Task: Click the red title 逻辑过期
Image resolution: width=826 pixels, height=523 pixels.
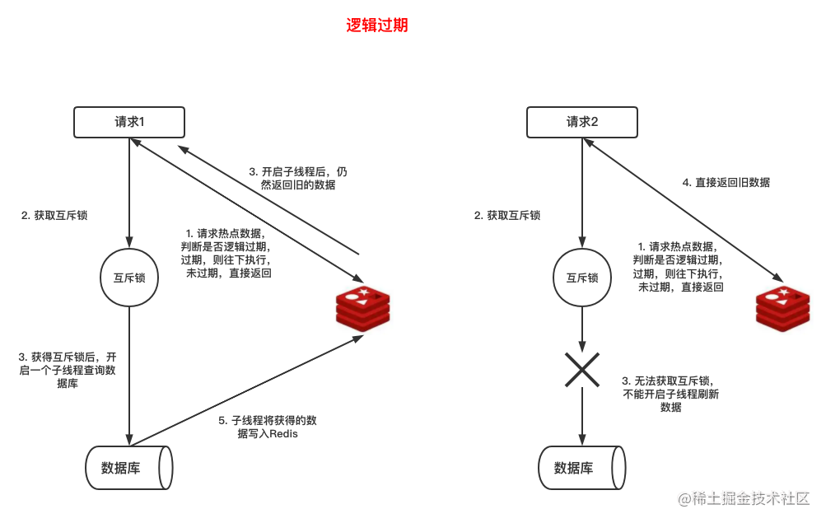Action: click(377, 26)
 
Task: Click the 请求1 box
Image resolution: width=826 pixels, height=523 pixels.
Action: click(129, 123)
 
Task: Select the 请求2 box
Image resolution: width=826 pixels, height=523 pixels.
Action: click(582, 123)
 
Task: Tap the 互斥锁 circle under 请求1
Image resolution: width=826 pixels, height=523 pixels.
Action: click(129, 278)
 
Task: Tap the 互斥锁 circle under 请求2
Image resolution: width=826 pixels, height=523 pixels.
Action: click(582, 278)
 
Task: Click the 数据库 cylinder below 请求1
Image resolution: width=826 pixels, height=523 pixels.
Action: click(128, 468)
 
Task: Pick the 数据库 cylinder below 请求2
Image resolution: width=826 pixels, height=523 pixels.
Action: click(581, 468)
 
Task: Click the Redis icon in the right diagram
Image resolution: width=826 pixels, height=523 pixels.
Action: click(782, 309)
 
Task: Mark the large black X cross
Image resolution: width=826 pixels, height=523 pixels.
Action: click(582, 370)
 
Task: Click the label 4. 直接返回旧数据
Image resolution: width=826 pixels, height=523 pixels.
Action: click(726, 183)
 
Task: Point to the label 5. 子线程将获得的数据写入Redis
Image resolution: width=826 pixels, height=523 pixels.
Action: click(268, 427)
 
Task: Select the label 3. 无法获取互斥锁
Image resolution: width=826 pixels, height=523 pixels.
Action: click(671, 394)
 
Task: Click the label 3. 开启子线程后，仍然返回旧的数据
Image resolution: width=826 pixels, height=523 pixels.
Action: click(298, 179)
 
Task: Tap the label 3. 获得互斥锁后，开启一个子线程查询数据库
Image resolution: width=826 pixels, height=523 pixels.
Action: click(68, 370)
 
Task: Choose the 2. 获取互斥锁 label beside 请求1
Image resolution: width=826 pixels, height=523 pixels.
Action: click(54, 216)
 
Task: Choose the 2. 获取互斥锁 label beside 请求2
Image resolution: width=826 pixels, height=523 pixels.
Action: click(507, 216)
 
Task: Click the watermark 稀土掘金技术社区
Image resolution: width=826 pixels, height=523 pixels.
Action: click(744, 499)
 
